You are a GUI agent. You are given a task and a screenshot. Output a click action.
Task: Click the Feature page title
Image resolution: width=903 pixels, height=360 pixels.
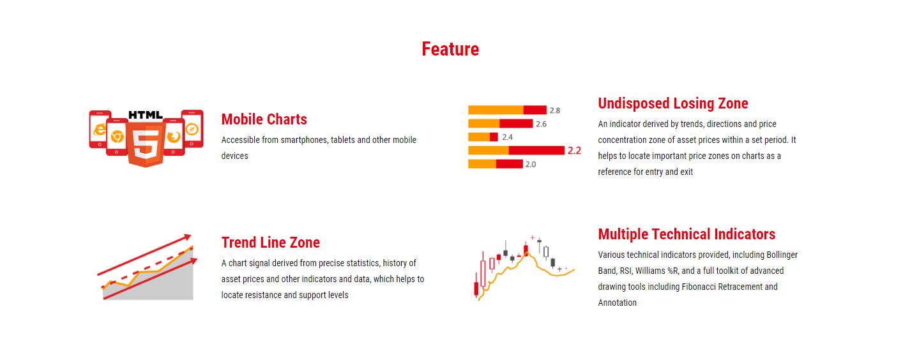450,49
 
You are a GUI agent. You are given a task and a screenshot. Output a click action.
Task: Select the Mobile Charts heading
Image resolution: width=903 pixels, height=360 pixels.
264,119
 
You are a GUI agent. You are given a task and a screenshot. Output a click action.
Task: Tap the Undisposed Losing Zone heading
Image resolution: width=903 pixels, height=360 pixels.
673,103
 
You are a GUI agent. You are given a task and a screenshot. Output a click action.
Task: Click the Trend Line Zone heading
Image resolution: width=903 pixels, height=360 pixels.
271,243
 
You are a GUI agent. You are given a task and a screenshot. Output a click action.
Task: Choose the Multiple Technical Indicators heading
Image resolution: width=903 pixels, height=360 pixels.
687,234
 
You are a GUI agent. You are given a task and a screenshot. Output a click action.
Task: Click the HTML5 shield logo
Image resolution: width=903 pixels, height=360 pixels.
146,144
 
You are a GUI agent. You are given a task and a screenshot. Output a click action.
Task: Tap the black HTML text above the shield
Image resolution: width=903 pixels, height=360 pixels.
146,115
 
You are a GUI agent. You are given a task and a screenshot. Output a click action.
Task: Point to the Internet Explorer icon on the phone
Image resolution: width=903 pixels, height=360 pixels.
99,130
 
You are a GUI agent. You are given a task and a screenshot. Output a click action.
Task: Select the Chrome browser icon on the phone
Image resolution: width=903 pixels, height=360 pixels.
118,137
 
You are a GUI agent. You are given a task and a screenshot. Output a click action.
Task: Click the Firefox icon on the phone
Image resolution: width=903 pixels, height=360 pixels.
174,137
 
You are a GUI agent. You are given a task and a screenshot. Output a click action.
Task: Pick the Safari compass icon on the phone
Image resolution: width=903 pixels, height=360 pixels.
192,129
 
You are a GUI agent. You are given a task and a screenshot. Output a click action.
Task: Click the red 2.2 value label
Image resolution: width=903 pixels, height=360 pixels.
574,151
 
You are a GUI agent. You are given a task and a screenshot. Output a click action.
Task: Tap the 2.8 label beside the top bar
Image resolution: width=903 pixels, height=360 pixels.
555,110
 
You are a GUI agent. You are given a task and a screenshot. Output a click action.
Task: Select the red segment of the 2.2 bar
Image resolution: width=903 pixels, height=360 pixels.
536,151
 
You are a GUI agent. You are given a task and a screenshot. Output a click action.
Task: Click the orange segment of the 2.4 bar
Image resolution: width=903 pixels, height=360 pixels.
479,137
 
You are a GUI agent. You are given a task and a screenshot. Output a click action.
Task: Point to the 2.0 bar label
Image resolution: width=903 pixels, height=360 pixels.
531,165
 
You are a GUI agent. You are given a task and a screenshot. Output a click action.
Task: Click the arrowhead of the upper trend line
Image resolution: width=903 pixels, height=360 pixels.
188,237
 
